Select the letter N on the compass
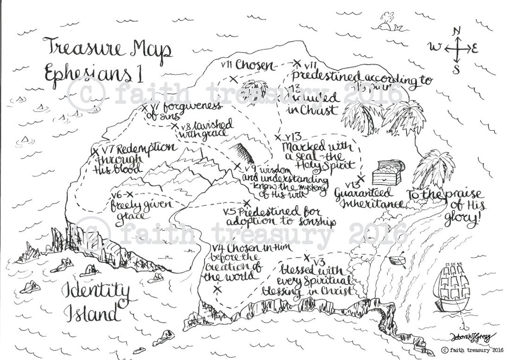click(456, 32)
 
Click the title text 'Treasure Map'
click(108, 49)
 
